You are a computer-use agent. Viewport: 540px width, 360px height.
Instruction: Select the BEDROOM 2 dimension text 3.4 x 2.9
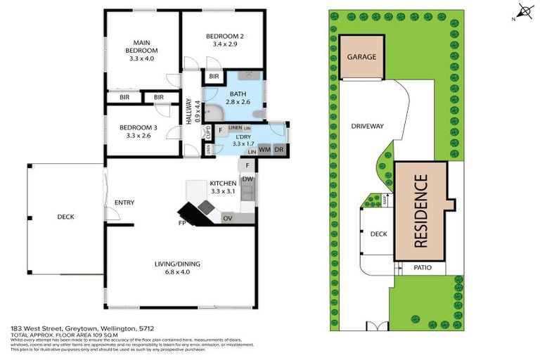[225, 44]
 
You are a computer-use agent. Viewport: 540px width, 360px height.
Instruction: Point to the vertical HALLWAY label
[189, 110]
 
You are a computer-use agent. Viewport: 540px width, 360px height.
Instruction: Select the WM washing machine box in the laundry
[265, 149]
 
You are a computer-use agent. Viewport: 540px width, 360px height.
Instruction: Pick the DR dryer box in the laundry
[278, 149]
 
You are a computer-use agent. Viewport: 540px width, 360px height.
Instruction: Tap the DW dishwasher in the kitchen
[247, 179]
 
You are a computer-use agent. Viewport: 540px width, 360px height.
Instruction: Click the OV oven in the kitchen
[227, 219]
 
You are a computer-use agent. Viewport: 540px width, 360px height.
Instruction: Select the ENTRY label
[124, 202]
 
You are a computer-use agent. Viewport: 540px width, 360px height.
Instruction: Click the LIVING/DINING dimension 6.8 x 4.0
[177, 272]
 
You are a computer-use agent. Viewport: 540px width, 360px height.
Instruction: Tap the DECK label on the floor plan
[65, 217]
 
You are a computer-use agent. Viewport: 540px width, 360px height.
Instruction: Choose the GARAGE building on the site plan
[361, 57]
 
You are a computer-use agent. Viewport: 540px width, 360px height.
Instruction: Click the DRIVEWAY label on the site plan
[366, 126]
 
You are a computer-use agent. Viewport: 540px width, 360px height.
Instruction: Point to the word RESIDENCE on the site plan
[421, 210]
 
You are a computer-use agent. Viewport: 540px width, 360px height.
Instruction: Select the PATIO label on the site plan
[422, 268]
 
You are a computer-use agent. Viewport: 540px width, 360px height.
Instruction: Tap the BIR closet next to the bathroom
[214, 76]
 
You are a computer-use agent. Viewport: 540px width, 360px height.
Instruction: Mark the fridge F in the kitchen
[247, 166]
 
